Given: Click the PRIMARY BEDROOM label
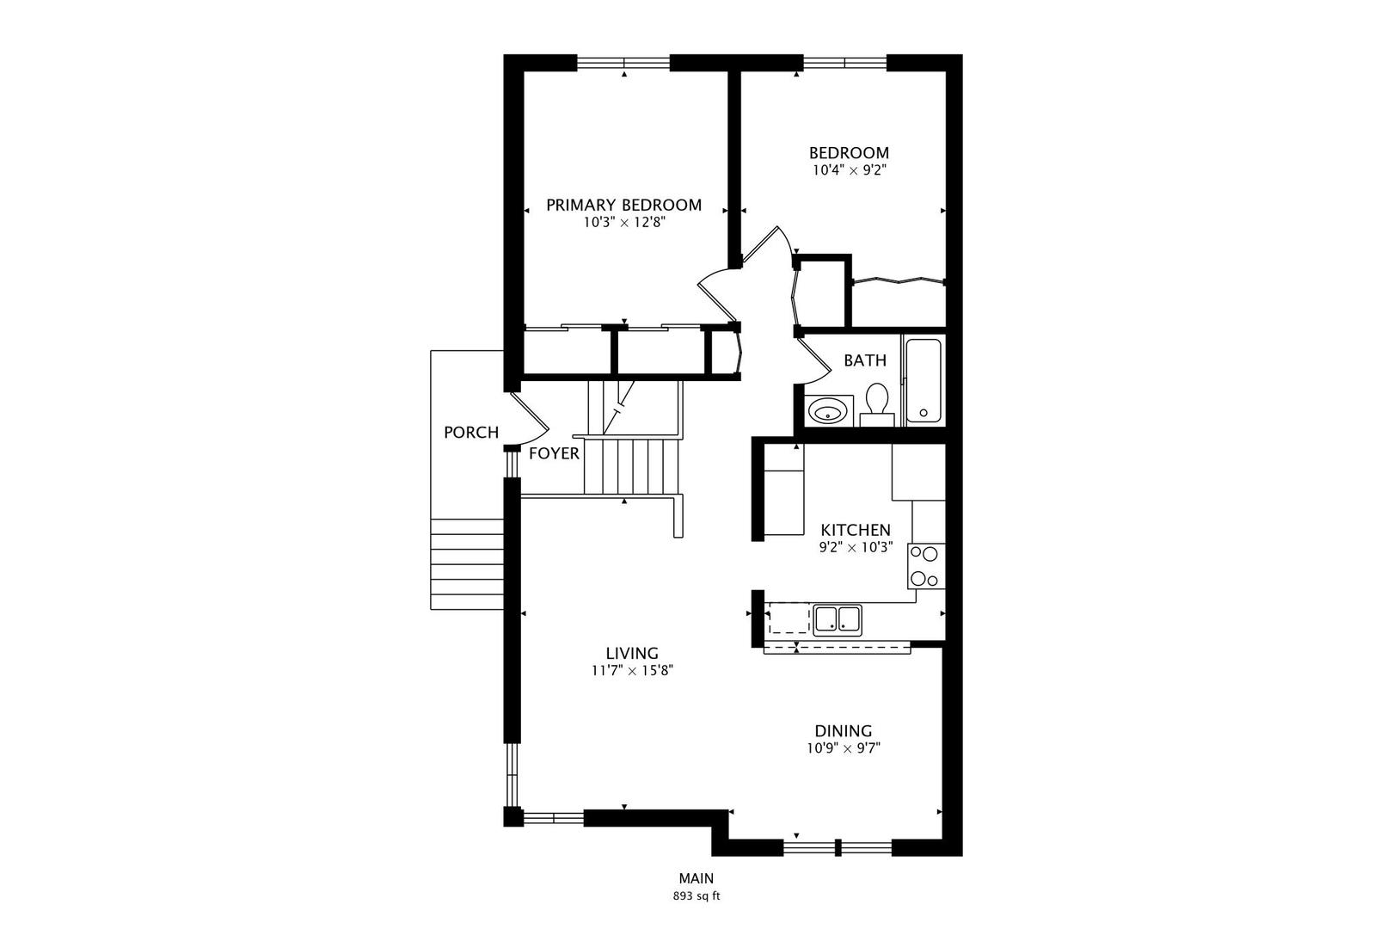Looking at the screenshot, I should [x=623, y=205].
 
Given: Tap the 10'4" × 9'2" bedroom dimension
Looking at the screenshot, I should [x=849, y=170].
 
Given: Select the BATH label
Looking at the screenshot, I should [x=864, y=360].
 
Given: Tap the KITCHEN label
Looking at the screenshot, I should [x=856, y=530].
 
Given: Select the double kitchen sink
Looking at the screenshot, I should [x=838, y=619].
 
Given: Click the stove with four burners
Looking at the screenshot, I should [x=926, y=566].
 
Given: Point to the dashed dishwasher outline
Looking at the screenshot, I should [x=789, y=619].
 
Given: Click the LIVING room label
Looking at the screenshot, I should [x=631, y=653].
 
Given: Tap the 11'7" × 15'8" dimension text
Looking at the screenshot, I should [x=631, y=671].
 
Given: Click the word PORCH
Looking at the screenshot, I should [x=470, y=433].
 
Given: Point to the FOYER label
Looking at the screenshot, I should [x=554, y=453].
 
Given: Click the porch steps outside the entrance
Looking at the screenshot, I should [x=467, y=563].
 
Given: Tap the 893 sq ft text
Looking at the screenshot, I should [x=696, y=896].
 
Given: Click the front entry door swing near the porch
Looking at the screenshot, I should [x=529, y=417].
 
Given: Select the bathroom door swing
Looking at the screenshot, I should [x=813, y=361].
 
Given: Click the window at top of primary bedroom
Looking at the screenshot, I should [x=623, y=62].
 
